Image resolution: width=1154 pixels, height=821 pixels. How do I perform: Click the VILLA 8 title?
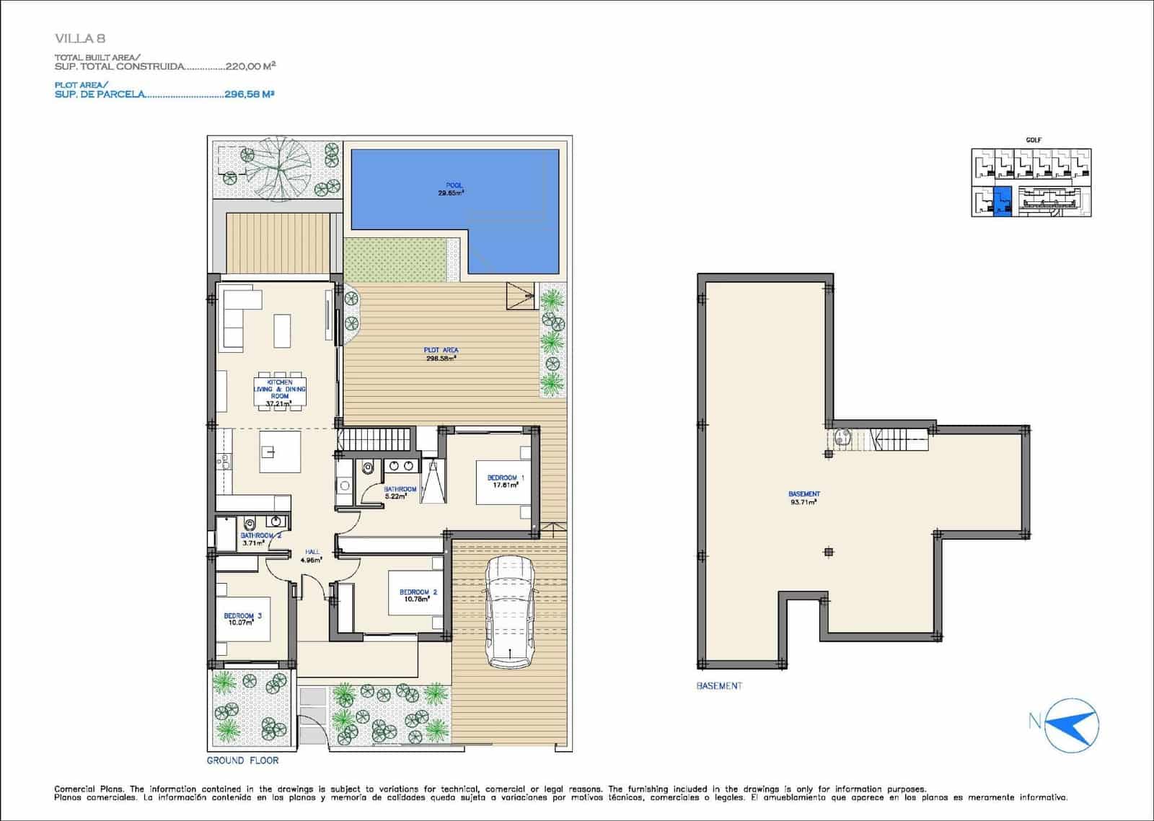click(x=80, y=38)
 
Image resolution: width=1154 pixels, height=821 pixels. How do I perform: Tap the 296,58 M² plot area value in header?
click(x=250, y=94)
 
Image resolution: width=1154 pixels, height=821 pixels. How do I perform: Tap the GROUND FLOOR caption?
click(x=242, y=760)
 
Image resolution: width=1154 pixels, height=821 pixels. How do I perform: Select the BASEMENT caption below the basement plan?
click(x=718, y=685)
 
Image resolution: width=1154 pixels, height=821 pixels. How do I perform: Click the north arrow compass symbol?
click(x=1073, y=722)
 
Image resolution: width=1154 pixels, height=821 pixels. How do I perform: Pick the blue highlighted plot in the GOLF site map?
click(x=1002, y=201)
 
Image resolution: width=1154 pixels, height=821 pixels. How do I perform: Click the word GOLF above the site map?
click(x=1033, y=140)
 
